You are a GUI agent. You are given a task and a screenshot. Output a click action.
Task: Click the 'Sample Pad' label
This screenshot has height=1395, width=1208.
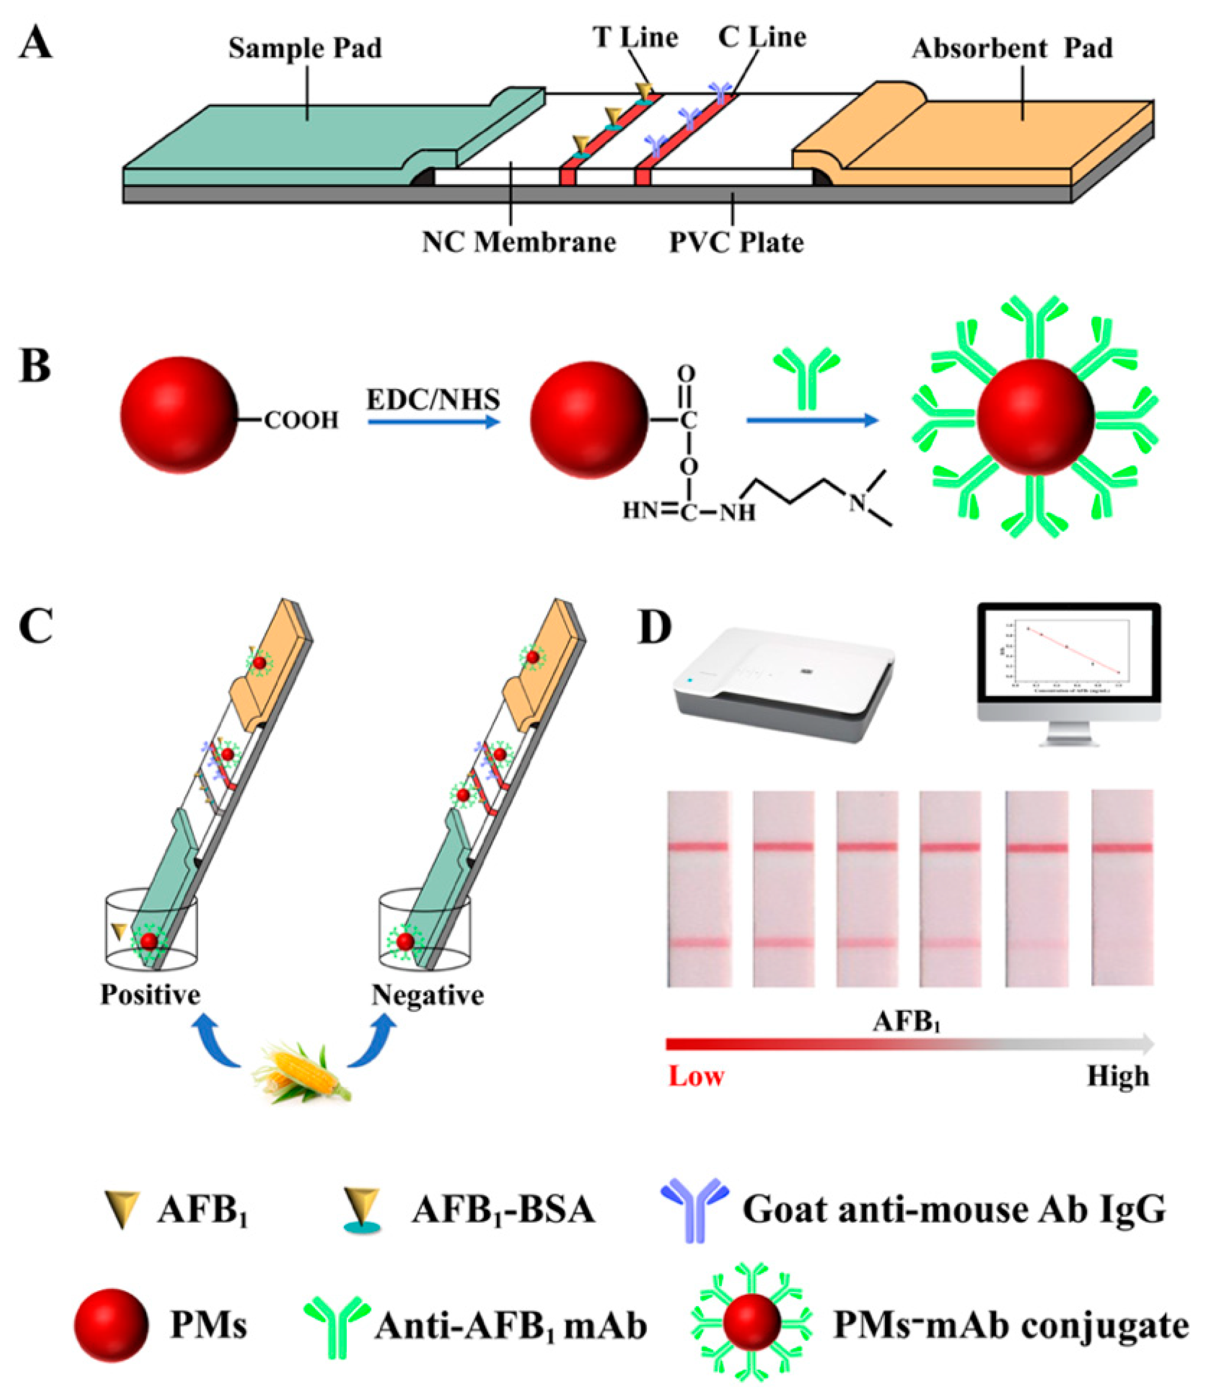coord(305,48)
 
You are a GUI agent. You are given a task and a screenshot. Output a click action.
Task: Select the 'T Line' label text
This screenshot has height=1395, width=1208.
coord(635,37)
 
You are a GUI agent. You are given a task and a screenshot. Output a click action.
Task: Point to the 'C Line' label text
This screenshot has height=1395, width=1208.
coord(762,37)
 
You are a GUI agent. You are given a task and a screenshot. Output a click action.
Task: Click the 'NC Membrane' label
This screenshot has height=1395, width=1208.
coord(519,242)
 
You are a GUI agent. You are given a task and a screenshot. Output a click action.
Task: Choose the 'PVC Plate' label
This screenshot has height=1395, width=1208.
coord(736,242)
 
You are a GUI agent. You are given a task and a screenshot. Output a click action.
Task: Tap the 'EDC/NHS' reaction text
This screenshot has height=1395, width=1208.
coord(433,400)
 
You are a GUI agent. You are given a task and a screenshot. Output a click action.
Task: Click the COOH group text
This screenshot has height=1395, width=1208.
coord(301,421)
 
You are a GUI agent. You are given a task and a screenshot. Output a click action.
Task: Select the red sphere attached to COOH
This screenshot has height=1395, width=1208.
coord(179,415)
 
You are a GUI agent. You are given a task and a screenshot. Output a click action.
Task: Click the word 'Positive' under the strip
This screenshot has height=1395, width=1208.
coord(150,995)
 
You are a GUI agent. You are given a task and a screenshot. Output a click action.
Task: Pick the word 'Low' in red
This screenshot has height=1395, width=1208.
coord(696,1076)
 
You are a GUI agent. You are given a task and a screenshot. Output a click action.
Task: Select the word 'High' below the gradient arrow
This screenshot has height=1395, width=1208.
coord(1118,1076)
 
